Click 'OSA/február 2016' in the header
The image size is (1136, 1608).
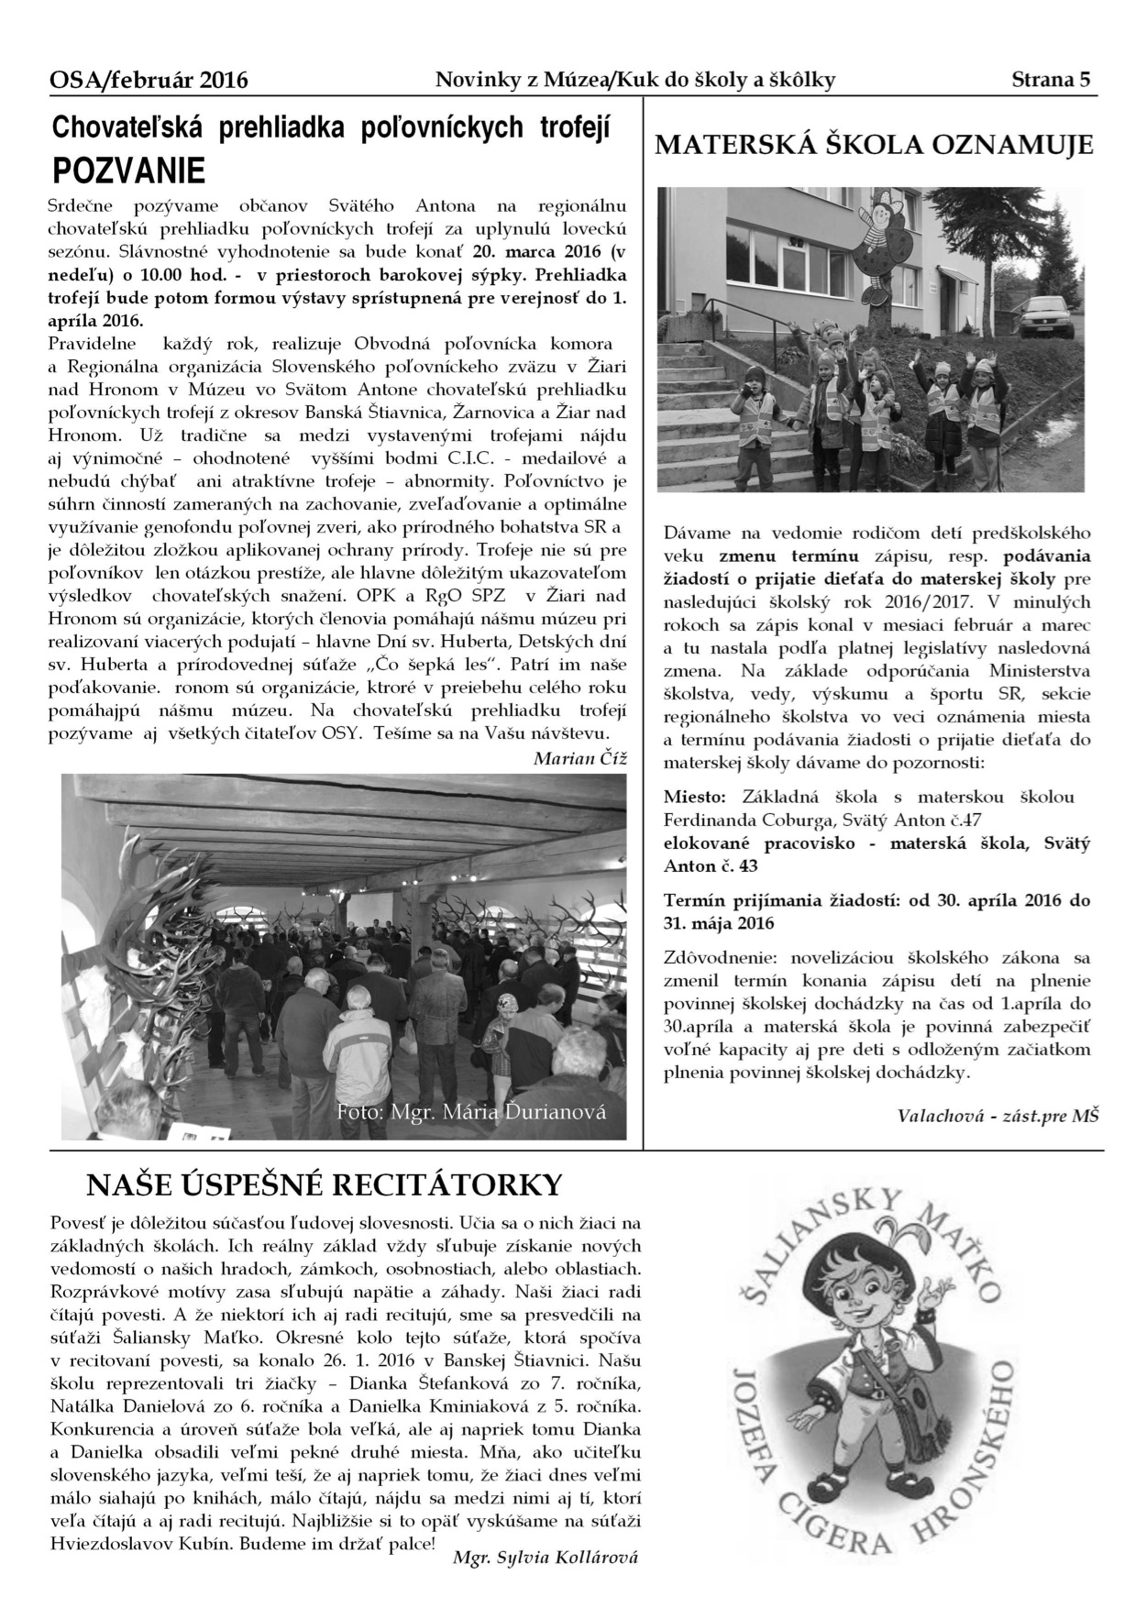click(x=149, y=81)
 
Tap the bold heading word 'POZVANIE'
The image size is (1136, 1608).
click(x=128, y=170)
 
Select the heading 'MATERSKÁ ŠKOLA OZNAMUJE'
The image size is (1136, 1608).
click(x=872, y=145)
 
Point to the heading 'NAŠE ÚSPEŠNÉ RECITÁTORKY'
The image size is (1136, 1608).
click(x=324, y=1184)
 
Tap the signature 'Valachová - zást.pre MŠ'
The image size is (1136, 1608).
click(x=997, y=1115)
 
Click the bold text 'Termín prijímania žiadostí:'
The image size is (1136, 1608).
click(x=780, y=900)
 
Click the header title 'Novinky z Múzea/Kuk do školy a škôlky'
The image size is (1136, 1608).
click(x=634, y=80)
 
